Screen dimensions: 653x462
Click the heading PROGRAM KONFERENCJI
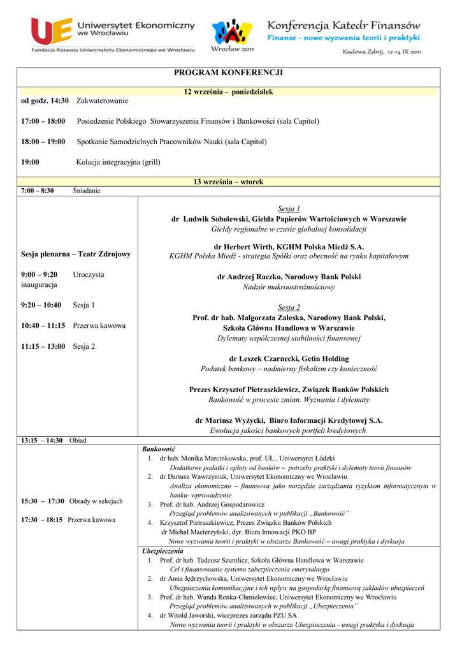click(x=228, y=73)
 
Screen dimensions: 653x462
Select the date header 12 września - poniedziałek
click(x=228, y=92)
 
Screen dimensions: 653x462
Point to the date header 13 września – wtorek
click(x=228, y=182)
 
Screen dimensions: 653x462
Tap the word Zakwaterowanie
click(x=102, y=101)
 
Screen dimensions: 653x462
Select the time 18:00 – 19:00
click(x=43, y=142)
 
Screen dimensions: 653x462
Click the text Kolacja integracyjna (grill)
click(x=118, y=162)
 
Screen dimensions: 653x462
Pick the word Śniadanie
click(x=87, y=191)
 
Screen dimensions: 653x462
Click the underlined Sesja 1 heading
click(x=289, y=209)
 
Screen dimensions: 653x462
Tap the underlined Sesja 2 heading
click(x=289, y=307)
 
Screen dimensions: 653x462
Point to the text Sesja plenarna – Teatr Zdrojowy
click(x=76, y=254)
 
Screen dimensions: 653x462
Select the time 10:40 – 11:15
click(x=43, y=325)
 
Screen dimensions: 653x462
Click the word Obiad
click(x=78, y=440)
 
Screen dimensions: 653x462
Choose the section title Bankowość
click(x=158, y=449)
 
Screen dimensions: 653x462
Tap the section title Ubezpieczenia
click(x=162, y=550)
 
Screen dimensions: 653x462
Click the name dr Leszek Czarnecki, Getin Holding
click(x=289, y=358)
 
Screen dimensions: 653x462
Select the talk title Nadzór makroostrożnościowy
click(x=289, y=287)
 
